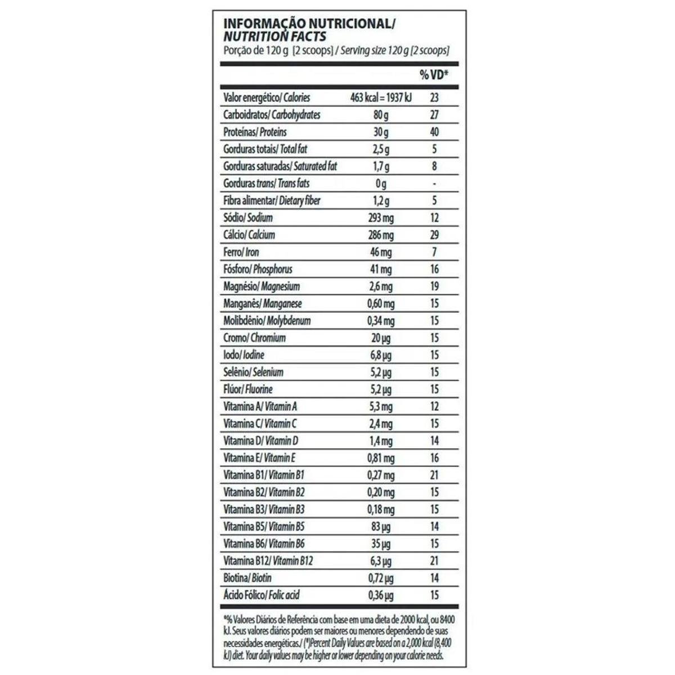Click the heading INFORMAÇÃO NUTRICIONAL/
309,24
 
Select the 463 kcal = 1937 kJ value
381,98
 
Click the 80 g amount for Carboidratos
381,115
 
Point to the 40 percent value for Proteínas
434,132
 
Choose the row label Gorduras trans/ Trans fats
266,183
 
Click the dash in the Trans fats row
434,184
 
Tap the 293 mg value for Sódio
381,218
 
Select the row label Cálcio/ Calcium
249,235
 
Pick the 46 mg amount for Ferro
381,253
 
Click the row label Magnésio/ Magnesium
262,286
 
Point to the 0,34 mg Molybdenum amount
381,321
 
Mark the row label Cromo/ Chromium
254,338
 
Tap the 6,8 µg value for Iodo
381,355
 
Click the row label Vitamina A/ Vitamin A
260,407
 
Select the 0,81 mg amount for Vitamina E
381,458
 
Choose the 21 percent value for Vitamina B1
434,475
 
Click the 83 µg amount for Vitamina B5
381,527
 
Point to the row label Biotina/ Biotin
247,578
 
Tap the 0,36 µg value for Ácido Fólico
381,596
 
